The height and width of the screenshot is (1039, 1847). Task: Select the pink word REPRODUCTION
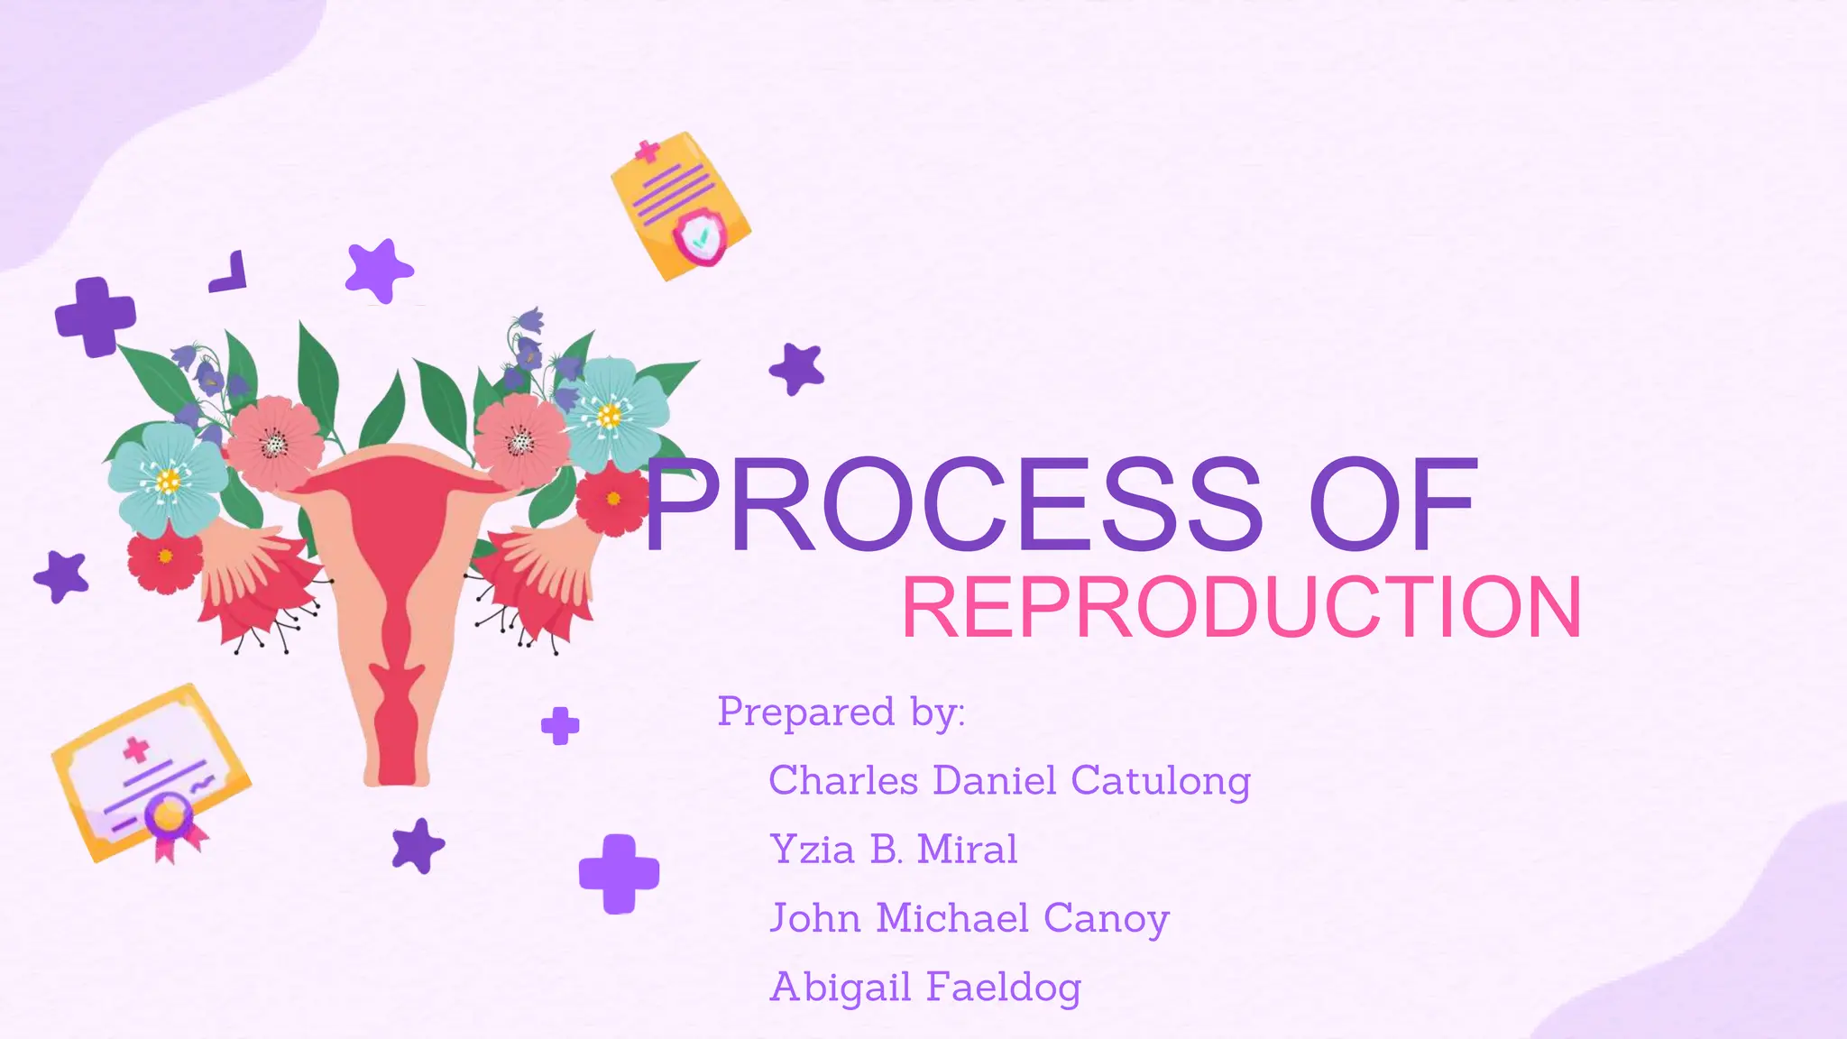(x=1242, y=609)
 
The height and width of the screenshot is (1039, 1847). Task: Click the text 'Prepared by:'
(x=841, y=712)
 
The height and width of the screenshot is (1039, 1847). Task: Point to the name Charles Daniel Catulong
(x=1009, y=780)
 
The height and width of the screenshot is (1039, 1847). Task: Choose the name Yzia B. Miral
(x=893, y=849)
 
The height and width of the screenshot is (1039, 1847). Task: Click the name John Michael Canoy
(x=969, y=918)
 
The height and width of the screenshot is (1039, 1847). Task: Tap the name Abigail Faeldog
(x=925, y=987)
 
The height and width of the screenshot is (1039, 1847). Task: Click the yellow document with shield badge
(x=680, y=206)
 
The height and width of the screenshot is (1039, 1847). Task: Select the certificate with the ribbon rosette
(x=151, y=774)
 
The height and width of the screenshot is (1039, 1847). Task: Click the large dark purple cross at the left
(x=95, y=317)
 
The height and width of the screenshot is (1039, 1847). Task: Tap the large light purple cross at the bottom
(x=619, y=874)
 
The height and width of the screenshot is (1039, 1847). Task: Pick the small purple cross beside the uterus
(x=560, y=725)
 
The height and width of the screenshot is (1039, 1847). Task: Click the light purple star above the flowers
(x=379, y=270)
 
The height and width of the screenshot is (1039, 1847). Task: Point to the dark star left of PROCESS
(x=797, y=368)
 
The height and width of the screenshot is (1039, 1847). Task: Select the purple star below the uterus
(x=418, y=846)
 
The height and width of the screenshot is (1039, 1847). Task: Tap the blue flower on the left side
(x=168, y=479)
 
